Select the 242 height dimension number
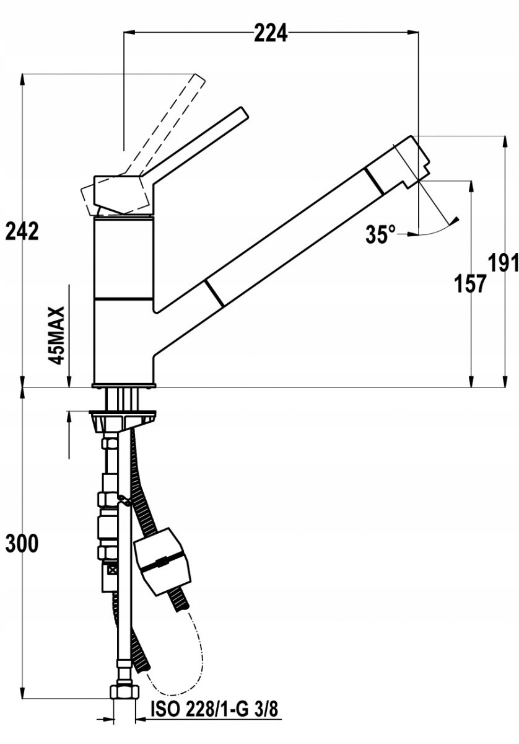[x=22, y=231]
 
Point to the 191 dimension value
[x=504, y=263]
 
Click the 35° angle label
[x=381, y=234]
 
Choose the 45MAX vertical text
[x=56, y=336]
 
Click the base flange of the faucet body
[x=123, y=385]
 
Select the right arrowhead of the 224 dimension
[x=412, y=32]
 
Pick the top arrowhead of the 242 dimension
[x=22, y=79]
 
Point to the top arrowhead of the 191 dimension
[x=505, y=141]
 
